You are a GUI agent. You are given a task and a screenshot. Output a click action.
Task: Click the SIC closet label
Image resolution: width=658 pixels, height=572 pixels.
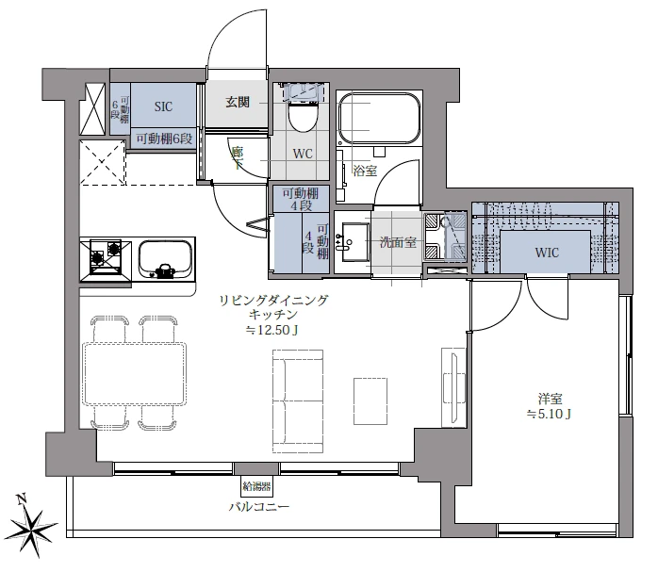pyautogui.click(x=163, y=106)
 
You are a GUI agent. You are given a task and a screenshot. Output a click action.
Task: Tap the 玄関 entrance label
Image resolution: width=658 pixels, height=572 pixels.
pyautogui.click(x=238, y=102)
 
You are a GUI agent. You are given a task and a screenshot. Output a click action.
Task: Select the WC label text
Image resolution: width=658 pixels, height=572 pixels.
pyautogui.click(x=303, y=154)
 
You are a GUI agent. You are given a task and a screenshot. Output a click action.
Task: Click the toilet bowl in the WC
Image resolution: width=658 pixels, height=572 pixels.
pyautogui.click(x=302, y=118)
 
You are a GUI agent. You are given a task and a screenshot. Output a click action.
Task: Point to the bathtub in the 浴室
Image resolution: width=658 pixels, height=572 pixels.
pyautogui.click(x=379, y=119)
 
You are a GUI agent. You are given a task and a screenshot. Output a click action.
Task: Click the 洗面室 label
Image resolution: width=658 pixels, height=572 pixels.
pyautogui.click(x=398, y=242)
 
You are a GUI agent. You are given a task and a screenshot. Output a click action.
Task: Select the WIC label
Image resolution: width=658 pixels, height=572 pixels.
pyautogui.click(x=547, y=253)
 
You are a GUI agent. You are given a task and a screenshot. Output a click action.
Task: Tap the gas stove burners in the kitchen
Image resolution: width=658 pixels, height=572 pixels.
pyautogui.click(x=106, y=256)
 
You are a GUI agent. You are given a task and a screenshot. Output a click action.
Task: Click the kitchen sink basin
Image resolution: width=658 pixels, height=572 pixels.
pyautogui.click(x=165, y=259)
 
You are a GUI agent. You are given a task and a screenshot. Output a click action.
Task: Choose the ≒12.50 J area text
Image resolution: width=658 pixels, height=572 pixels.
pyautogui.click(x=272, y=331)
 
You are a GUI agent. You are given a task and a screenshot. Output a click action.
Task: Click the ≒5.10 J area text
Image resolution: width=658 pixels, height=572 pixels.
pyautogui.click(x=549, y=415)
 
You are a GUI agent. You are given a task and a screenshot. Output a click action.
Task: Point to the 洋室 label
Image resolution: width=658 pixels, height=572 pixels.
pyautogui.click(x=551, y=399)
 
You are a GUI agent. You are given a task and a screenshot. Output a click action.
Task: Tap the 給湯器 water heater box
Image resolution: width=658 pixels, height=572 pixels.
pyautogui.click(x=256, y=487)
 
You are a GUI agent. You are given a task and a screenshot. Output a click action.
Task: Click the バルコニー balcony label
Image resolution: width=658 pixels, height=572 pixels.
pyautogui.click(x=259, y=507)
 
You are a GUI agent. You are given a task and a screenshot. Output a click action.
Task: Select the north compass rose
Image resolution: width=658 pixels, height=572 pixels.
pyautogui.click(x=32, y=526)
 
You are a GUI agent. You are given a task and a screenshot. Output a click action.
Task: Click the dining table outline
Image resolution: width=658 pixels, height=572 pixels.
pyautogui.click(x=135, y=374)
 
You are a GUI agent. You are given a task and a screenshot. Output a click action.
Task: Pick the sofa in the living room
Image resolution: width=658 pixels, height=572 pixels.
pyautogui.click(x=298, y=401)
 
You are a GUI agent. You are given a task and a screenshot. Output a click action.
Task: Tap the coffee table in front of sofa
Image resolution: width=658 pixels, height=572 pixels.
pyautogui.click(x=370, y=401)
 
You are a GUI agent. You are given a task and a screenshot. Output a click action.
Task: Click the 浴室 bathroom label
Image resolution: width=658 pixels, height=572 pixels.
pyautogui.click(x=365, y=171)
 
